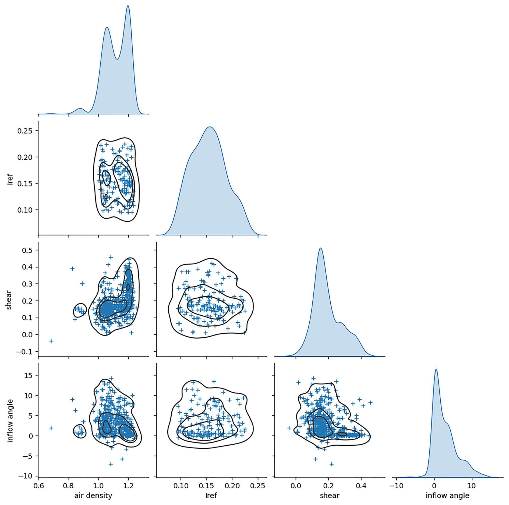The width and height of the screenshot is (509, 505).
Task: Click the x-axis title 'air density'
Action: pyautogui.click(x=93, y=496)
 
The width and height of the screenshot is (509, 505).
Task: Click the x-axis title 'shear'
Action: pyautogui.click(x=330, y=496)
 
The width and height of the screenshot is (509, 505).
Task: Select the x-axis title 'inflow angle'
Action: pyautogui.click(x=447, y=496)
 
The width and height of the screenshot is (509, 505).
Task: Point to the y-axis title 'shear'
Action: pyautogui.click(x=9, y=300)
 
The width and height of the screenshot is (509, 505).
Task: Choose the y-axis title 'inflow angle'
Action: pyautogui.click(x=10, y=421)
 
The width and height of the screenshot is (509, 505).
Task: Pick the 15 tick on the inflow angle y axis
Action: pyautogui.click(x=28, y=376)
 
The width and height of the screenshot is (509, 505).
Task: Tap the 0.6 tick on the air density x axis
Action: pyautogui.click(x=39, y=486)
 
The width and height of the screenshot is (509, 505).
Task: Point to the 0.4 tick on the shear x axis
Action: pyautogui.click(x=361, y=486)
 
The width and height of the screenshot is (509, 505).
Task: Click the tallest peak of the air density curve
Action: pyautogui.click(x=128, y=6)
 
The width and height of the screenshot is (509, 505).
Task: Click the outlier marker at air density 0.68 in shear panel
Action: pyautogui.click(x=51, y=341)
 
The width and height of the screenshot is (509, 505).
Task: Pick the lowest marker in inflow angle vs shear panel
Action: pyautogui.click(x=331, y=464)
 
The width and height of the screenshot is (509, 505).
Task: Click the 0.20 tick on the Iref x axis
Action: pyautogui.click(x=232, y=486)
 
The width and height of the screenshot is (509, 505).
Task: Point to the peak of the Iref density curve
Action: pyautogui.click(x=210, y=127)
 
